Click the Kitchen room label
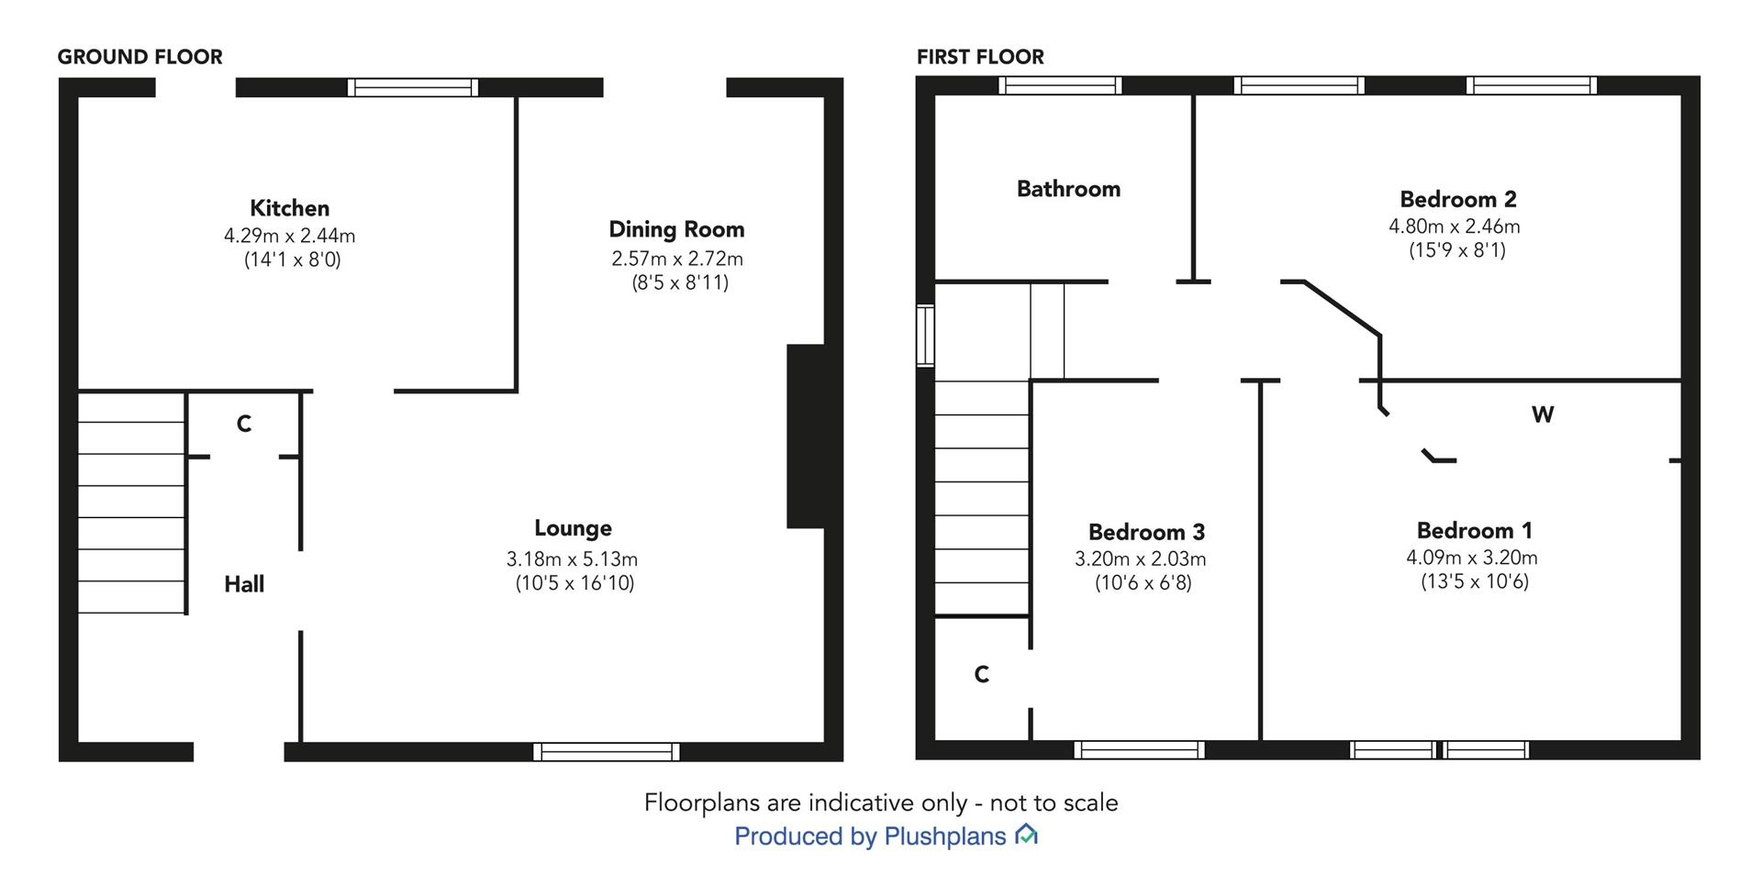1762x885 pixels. pos(289,208)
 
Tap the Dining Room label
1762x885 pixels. pos(676,229)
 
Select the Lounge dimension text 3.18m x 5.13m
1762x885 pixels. pos(572,559)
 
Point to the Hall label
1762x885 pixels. pos(244,584)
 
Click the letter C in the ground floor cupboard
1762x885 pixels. pos(244,424)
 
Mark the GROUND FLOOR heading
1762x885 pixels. pos(139,57)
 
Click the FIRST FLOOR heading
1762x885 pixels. pos(980,57)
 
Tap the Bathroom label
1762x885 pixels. pos(1068,189)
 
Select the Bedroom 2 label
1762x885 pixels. pos(1457,199)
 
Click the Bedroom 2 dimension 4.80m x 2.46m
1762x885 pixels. pos(1454,226)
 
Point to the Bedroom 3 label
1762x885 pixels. pos(1146,532)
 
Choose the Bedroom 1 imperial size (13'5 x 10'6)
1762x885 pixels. pos(1475,581)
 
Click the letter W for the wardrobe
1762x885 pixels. pos(1543,415)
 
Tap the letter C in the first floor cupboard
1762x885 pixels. pos(981,675)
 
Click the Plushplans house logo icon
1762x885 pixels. pos(1026,835)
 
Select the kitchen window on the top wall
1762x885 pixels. pos(413,87)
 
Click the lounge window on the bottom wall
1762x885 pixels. pos(607,752)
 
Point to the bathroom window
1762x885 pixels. pos(1061,85)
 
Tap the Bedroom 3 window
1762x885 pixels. pos(1139,750)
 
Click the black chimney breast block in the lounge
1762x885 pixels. pos(806,437)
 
